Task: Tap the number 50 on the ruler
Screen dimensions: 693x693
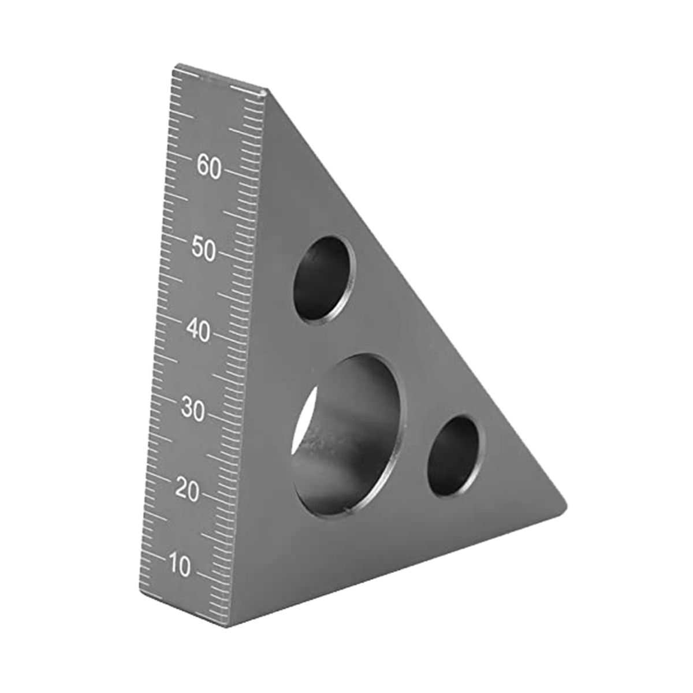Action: tap(204, 251)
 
